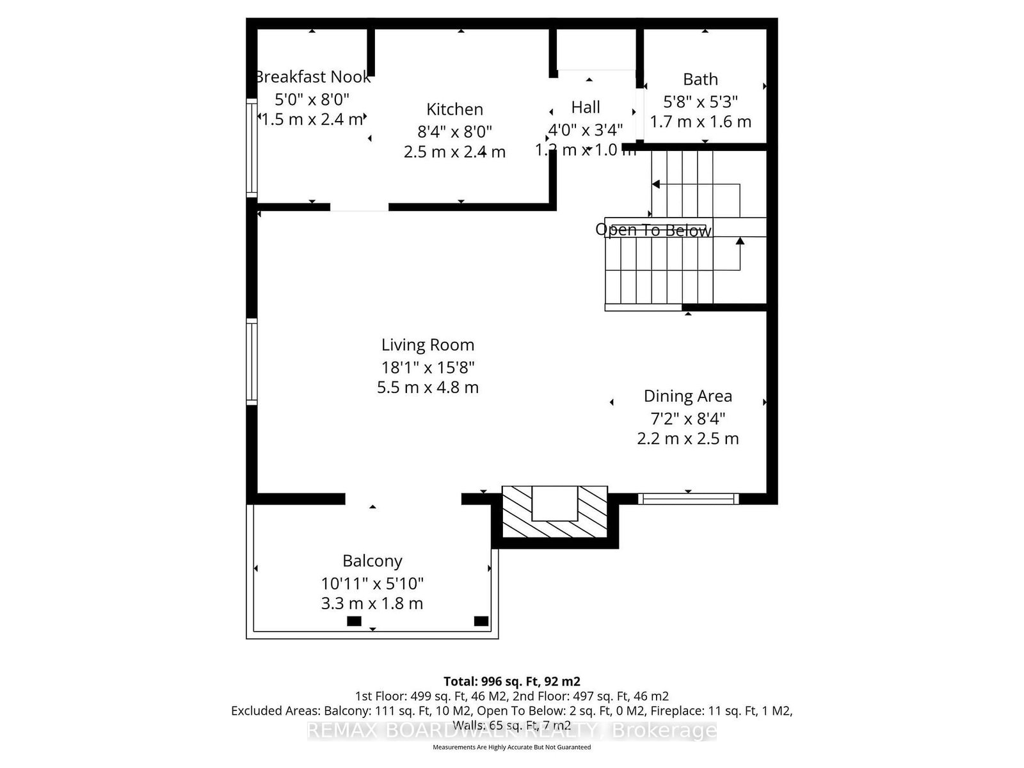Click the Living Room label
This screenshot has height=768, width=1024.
(428, 345)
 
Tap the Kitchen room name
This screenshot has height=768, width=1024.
(454, 109)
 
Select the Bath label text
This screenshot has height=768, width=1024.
(700, 79)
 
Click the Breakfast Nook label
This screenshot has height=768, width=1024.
(313, 77)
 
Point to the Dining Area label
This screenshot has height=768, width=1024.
(687, 396)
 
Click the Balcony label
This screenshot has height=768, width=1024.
(372, 561)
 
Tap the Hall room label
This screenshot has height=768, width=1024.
(586, 107)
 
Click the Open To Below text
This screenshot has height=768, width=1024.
(653, 230)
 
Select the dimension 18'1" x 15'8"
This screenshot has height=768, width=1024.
(428, 367)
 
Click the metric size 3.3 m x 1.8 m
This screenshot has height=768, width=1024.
(372, 604)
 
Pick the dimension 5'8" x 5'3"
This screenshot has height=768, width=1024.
(700, 101)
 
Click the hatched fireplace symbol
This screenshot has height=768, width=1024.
(554, 512)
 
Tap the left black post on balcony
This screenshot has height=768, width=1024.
(354, 621)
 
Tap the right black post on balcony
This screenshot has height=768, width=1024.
(481, 621)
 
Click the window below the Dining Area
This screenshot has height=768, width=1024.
(688, 499)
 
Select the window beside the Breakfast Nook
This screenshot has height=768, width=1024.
(252, 147)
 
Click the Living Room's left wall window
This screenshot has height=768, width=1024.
(252, 362)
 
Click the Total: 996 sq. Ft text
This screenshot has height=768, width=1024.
(511, 682)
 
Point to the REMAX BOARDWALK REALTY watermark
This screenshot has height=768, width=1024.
(511, 730)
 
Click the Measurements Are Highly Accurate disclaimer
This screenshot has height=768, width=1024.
(511, 747)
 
